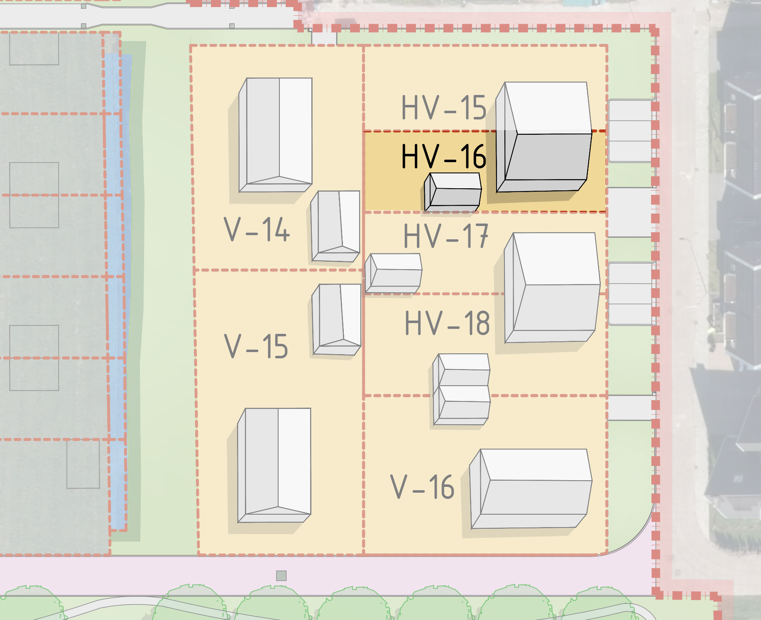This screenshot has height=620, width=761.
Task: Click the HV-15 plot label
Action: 444,108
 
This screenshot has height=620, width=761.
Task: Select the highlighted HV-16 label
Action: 444,156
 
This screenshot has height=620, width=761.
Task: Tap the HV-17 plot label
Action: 445,236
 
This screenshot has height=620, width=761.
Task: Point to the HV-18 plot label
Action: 447,323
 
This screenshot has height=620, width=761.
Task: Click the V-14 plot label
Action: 257,229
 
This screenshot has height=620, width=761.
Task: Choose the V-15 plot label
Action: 256,346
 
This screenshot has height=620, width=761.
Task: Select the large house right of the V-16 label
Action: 531,489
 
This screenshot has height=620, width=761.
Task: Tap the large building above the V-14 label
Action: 275,135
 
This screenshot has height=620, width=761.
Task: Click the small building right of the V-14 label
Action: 335,226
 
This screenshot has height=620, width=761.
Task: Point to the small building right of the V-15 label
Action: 337,319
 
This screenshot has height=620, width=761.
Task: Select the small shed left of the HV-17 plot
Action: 394,273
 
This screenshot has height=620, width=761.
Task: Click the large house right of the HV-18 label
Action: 552,287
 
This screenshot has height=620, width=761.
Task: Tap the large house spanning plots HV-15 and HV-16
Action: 544,137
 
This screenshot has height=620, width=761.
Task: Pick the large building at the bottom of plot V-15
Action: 274,465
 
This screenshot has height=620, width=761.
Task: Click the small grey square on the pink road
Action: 281,576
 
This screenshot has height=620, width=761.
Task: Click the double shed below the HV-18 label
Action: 461,389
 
